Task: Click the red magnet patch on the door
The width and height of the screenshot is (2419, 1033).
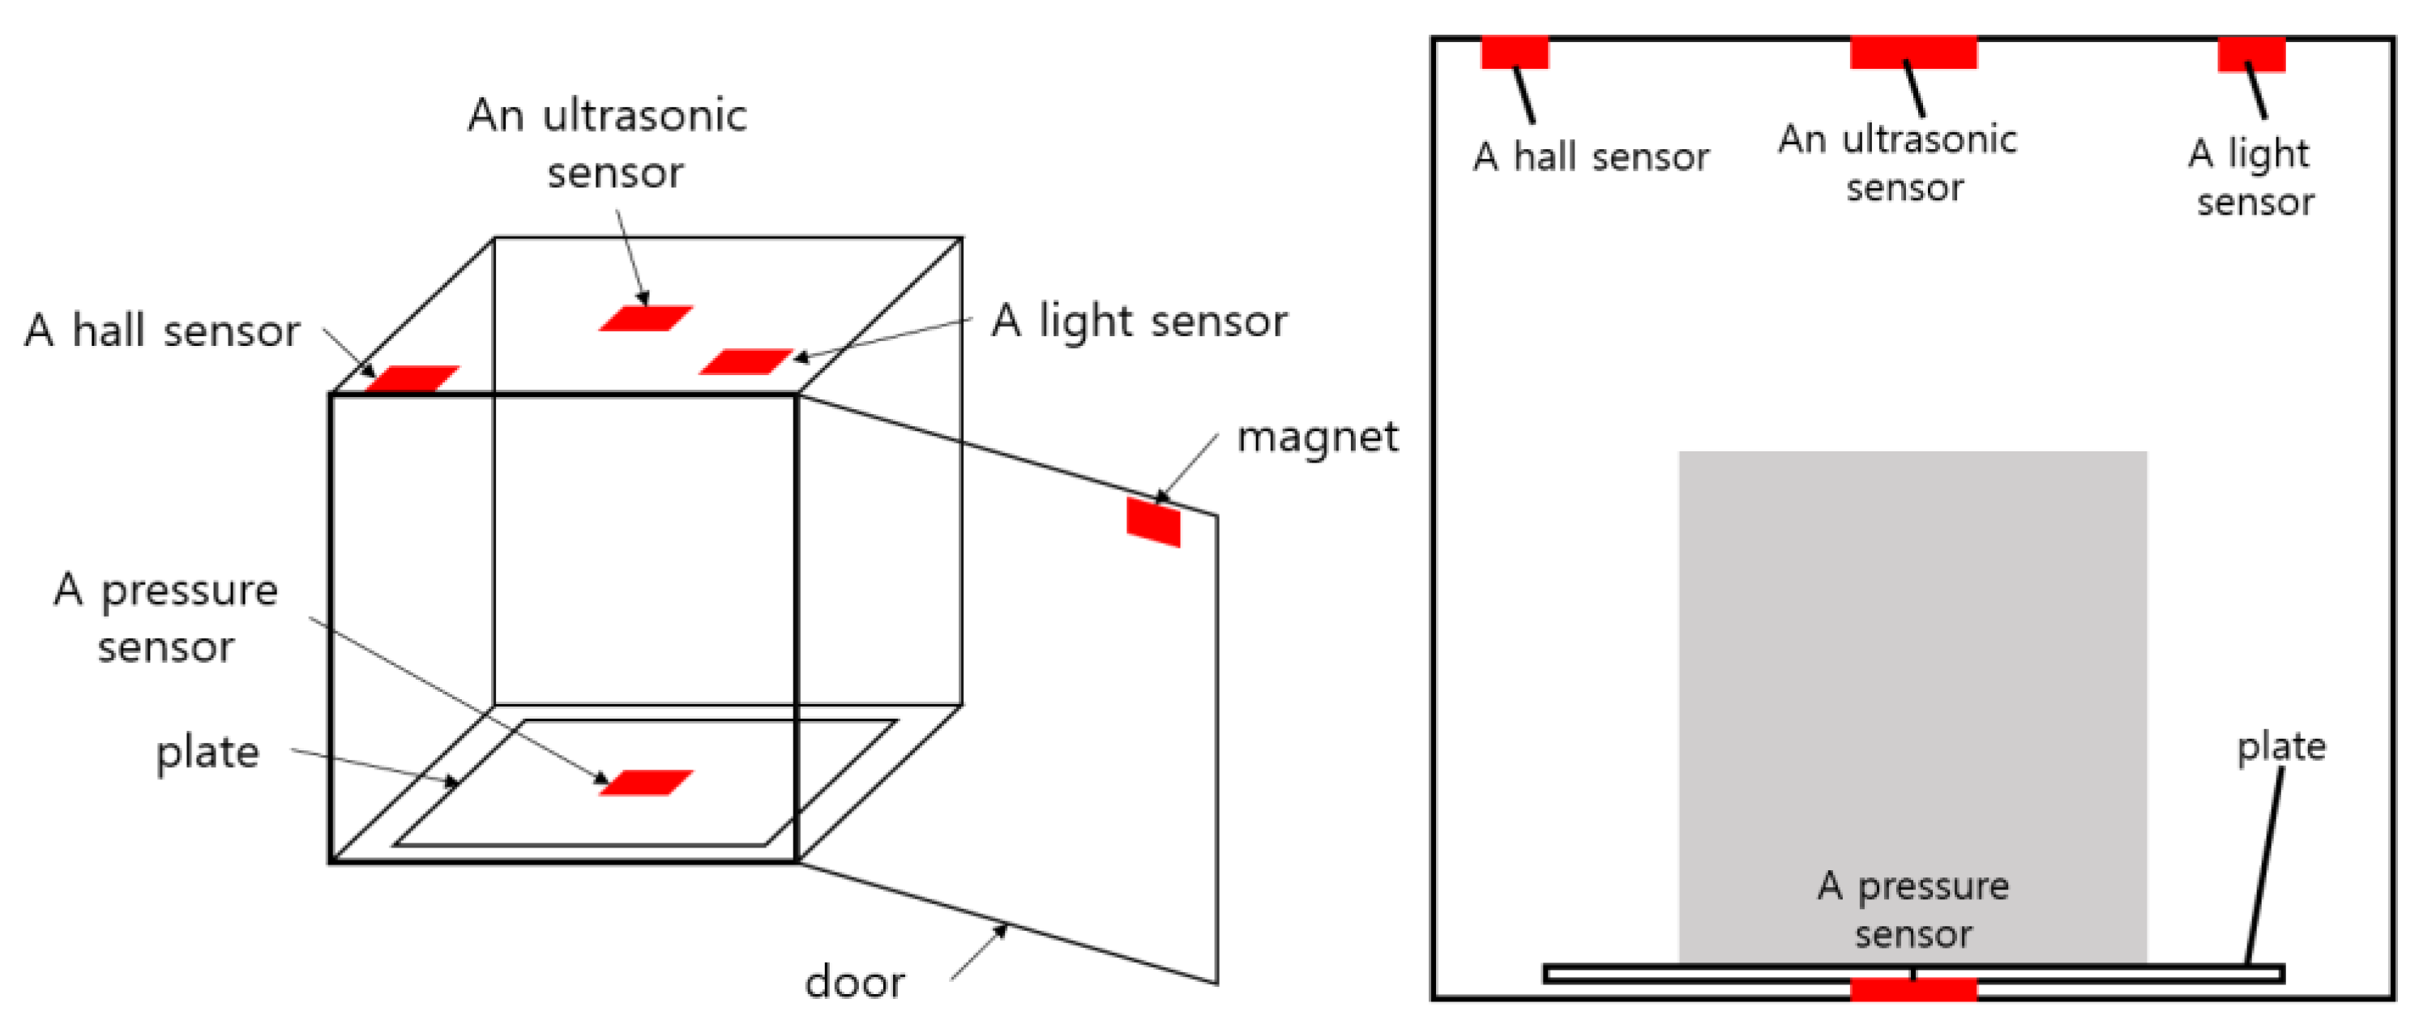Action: point(1153,521)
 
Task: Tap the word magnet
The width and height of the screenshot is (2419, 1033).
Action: point(1317,438)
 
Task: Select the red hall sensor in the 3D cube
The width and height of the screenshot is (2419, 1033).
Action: point(413,378)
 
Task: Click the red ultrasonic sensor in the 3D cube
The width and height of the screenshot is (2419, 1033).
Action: point(646,318)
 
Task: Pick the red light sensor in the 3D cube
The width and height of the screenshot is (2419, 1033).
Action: point(746,361)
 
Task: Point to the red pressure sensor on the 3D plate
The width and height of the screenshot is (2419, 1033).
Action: point(646,783)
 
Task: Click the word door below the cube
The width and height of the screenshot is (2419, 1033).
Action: point(854,982)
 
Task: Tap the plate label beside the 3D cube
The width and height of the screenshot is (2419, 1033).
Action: point(207,752)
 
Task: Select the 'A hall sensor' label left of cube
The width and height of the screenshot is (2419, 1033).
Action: point(161,331)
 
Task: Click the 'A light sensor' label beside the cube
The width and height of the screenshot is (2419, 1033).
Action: point(1139,321)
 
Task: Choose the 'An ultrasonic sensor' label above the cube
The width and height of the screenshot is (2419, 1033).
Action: point(609,143)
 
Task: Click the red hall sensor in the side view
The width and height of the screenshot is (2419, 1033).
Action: point(1514,53)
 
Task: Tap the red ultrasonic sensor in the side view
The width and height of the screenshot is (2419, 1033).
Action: point(1913,53)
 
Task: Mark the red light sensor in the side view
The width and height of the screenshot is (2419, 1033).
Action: point(2251,53)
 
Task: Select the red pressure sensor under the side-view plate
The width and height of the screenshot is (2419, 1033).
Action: point(1913,989)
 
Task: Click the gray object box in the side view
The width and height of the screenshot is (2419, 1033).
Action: point(1913,657)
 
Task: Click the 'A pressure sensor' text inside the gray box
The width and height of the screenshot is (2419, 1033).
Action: point(1913,909)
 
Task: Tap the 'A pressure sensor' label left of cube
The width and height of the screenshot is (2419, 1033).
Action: point(166,618)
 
